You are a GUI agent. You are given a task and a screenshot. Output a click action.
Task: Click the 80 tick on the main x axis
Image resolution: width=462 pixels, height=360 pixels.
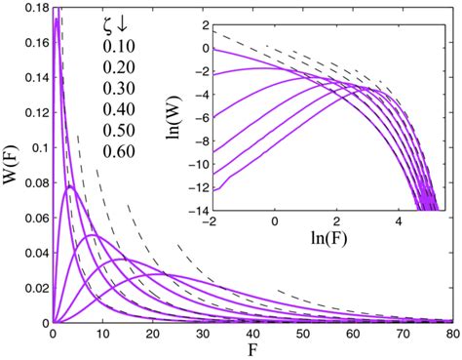[x=451, y=334]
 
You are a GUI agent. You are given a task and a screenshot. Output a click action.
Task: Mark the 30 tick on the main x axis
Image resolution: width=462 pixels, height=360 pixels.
[x=202, y=334]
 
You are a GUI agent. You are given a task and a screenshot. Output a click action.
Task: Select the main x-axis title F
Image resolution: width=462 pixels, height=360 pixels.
[x=252, y=350]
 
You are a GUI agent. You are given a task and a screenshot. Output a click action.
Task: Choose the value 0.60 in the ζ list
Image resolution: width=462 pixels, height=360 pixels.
[x=118, y=151]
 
